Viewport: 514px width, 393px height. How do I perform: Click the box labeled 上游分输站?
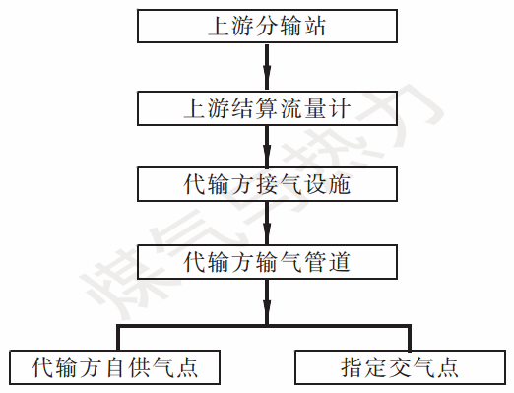click(x=266, y=27)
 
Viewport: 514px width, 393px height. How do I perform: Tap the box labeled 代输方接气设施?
click(x=266, y=183)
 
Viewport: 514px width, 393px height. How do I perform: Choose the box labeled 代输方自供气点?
click(x=114, y=367)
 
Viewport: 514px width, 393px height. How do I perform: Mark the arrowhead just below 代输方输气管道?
click(x=266, y=313)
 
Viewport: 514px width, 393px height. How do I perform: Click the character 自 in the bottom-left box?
click(x=113, y=367)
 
